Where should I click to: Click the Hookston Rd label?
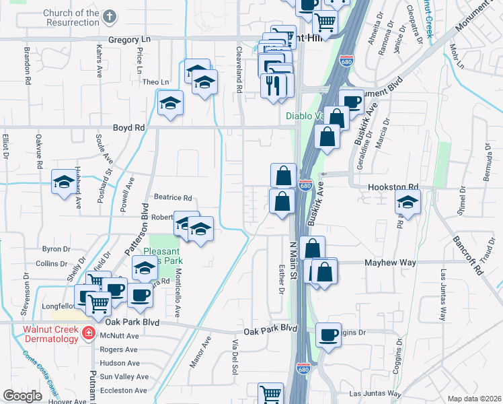pos(393,188)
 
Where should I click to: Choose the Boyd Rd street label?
pos(129,127)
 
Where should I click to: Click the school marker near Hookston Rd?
pos(407,201)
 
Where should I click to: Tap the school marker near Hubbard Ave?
pos(64,181)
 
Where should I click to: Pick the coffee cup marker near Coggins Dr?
pos(328,335)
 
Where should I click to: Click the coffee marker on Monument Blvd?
pos(350,102)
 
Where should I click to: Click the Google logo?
pos(23,396)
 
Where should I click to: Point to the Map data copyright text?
pos(473,399)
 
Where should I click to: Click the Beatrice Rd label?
pos(173,198)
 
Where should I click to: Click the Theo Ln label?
pos(156,83)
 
